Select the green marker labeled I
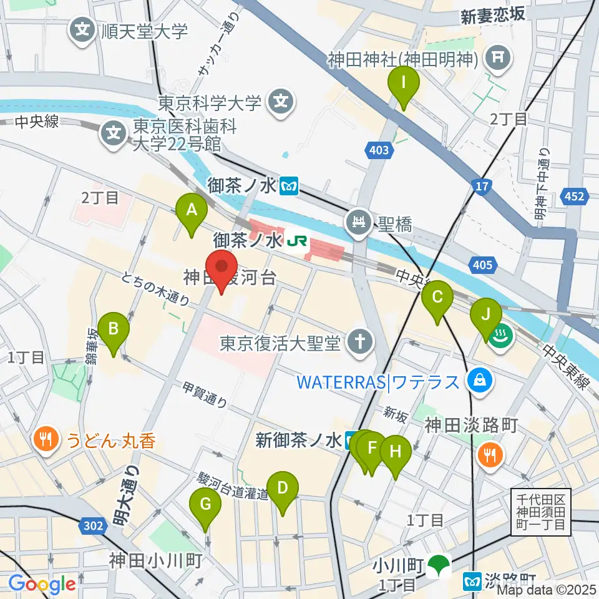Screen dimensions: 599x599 point(404,84)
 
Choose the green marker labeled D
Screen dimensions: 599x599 point(283,489)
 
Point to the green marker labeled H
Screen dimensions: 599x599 point(396,452)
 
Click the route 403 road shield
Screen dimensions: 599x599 point(379,150)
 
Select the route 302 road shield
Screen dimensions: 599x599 point(92,527)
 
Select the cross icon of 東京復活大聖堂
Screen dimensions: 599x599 point(361,341)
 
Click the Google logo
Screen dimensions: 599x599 point(42,583)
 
